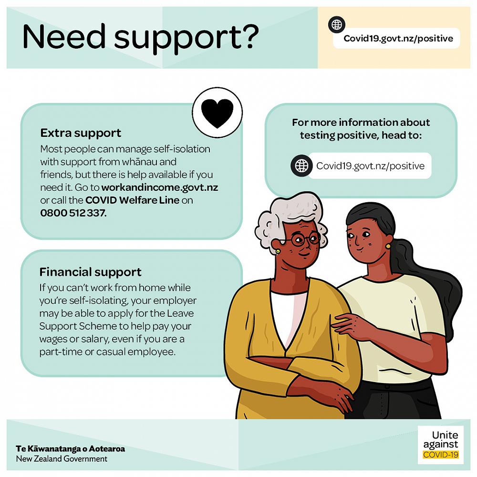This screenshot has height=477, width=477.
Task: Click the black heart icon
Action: (217, 113)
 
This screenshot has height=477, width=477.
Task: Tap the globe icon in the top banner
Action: (337, 25)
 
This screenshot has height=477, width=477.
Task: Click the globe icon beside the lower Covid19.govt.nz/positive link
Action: (301, 166)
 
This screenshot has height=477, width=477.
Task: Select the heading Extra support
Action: (81, 133)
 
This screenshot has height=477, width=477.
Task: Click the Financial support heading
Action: (90, 272)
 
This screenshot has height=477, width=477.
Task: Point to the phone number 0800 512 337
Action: (73, 213)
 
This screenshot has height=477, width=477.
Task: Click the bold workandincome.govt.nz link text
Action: (160, 187)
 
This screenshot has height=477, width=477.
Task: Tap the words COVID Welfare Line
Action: (132, 200)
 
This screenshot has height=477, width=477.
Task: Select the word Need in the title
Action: (64, 36)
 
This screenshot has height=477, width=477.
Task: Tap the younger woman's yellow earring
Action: (388, 246)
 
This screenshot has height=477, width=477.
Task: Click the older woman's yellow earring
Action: (278, 251)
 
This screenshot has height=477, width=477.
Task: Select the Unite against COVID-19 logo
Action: (440, 445)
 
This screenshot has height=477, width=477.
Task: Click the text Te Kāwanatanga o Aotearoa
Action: (70, 449)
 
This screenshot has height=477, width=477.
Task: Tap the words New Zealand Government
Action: (62, 459)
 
